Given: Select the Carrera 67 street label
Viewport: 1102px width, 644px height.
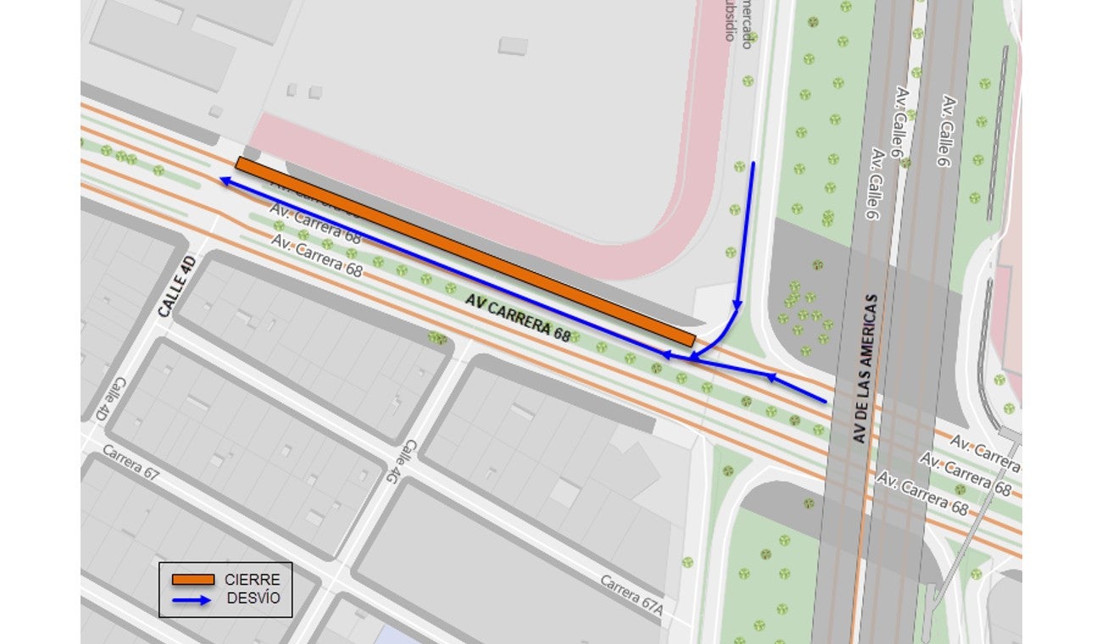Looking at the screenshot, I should click(x=131, y=462).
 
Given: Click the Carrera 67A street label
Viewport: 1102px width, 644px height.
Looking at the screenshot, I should click(x=631, y=601).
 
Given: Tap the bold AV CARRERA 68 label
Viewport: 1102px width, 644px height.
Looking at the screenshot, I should click(x=517, y=317).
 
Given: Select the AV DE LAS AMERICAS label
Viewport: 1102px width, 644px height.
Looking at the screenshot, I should click(x=864, y=368).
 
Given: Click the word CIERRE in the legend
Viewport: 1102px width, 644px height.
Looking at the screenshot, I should click(x=252, y=580).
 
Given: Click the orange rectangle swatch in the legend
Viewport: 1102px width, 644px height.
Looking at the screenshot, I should click(x=192, y=580).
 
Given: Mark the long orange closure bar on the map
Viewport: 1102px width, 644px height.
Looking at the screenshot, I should click(x=465, y=252).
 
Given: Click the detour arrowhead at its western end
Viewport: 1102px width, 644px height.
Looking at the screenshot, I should click(x=224, y=180).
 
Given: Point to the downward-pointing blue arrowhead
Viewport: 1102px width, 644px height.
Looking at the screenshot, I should click(x=737, y=304).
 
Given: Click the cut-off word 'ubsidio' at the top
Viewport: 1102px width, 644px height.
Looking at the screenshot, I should click(x=728, y=21).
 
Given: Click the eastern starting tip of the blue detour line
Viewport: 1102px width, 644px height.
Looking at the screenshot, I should click(x=825, y=400).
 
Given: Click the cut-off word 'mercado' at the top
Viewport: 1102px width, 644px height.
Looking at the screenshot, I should click(x=747, y=24).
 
